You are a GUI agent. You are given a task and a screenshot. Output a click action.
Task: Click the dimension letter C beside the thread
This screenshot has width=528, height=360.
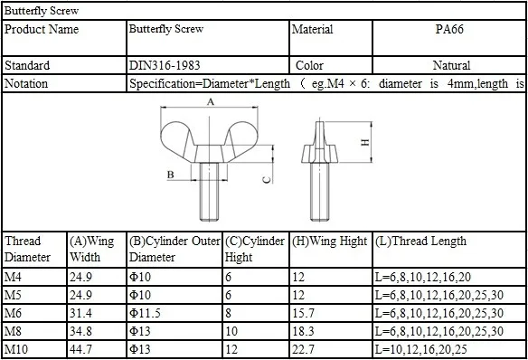266,181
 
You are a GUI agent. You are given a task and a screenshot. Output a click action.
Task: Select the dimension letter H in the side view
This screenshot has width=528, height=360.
364,142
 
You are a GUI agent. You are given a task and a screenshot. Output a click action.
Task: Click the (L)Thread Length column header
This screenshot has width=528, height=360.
420,242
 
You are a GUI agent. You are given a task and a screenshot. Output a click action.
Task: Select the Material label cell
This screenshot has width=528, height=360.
312,30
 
